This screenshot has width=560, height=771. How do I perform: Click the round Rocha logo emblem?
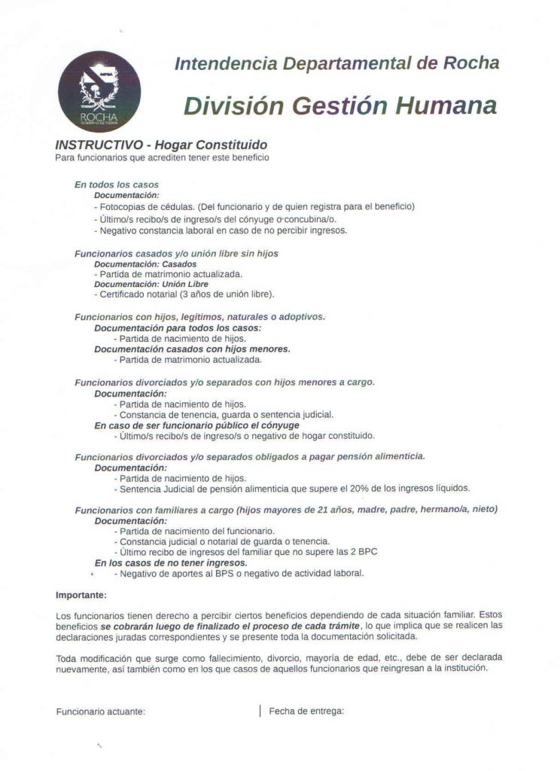(99, 92)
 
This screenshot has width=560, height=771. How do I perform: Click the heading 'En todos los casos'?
(116, 184)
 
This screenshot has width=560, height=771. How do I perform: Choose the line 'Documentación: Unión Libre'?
(141, 284)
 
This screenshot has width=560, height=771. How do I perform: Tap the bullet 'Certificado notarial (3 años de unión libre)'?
(184, 294)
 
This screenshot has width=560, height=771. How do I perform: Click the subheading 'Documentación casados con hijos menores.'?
(192, 349)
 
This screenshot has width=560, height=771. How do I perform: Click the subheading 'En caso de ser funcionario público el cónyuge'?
(186, 425)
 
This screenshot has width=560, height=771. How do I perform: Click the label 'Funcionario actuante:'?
(101, 711)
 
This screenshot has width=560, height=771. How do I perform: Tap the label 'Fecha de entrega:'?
(306, 710)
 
